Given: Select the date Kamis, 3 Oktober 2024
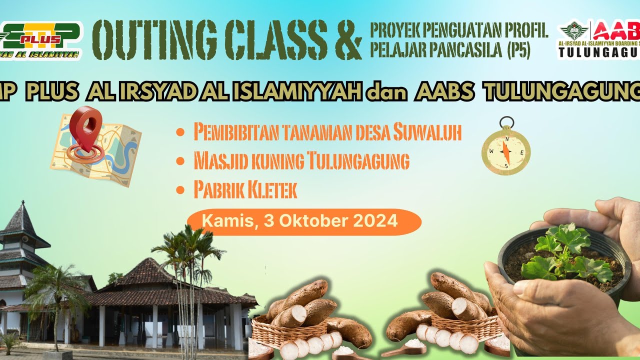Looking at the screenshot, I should coord(300,221).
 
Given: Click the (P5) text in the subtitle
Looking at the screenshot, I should coord(518,51).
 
